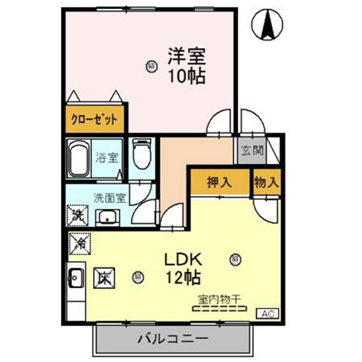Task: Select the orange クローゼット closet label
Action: tap(95, 119)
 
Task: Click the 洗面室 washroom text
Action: tap(109, 197)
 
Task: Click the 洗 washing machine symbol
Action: tap(77, 214)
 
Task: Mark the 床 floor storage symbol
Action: tap(103, 278)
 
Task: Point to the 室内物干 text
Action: tap(219, 298)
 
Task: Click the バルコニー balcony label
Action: tap(171, 338)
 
